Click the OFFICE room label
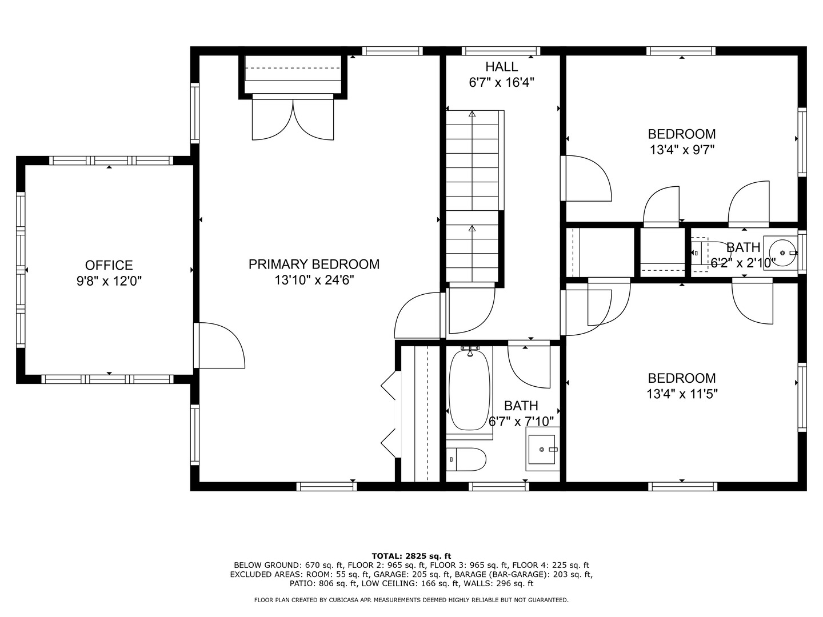109,265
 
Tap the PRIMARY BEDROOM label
314,264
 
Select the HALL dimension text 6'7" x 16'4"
501,82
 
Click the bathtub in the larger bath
470,390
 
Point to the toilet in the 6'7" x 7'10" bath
466,459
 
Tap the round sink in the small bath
781,251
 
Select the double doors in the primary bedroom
293,120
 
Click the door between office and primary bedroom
220,346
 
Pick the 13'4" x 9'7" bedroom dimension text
681,150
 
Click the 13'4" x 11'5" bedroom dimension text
681,394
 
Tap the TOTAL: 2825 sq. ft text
411,555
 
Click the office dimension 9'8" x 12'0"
109,281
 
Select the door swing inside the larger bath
529,366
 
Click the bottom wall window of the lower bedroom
682,486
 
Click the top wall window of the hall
501,51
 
